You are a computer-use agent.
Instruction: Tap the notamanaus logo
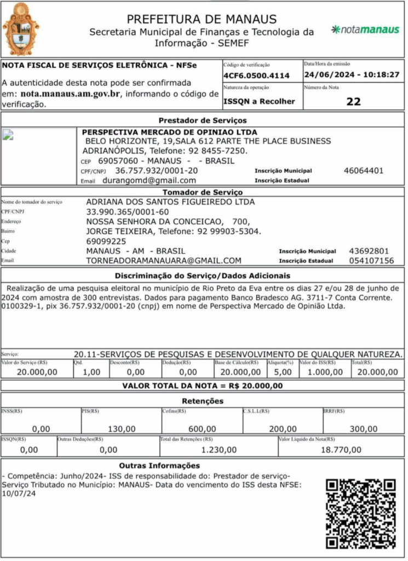365,30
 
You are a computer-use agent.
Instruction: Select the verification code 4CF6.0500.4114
256,76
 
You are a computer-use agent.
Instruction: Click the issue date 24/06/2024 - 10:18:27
352,75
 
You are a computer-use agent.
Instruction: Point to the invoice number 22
354,101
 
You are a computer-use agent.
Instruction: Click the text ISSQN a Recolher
259,101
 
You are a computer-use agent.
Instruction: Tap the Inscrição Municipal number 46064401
364,170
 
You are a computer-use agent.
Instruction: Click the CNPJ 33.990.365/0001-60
128,212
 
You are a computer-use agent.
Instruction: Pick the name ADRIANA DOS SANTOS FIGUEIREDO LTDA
170,202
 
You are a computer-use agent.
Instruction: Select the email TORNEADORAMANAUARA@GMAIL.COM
164,261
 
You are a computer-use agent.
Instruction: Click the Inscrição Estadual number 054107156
371,261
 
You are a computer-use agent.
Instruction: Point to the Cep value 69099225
106,241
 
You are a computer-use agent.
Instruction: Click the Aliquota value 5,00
283,373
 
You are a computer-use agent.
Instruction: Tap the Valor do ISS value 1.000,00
325,373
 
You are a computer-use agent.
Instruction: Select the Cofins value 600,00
202,429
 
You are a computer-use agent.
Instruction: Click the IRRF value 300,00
363,429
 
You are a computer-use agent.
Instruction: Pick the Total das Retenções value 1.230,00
219,450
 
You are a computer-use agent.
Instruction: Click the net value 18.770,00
341,450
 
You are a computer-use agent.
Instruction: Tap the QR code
360,513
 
